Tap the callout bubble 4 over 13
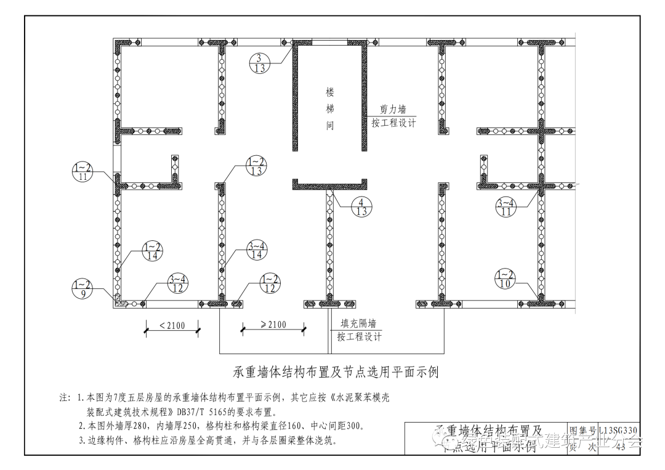click(x=361, y=207)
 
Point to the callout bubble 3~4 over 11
click(x=507, y=208)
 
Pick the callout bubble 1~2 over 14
click(x=152, y=251)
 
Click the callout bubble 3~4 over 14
click(x=257, y=251)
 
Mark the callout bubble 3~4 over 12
click(x=177, y=285)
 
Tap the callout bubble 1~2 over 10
click(x=505, y=279)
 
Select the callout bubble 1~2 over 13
click(x=256, y=166)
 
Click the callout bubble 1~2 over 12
click(x=270, y=284)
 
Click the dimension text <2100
click(x=172, y=325)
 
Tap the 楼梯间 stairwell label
click(x=330, y=109)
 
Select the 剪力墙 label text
click(x=393, y=110)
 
